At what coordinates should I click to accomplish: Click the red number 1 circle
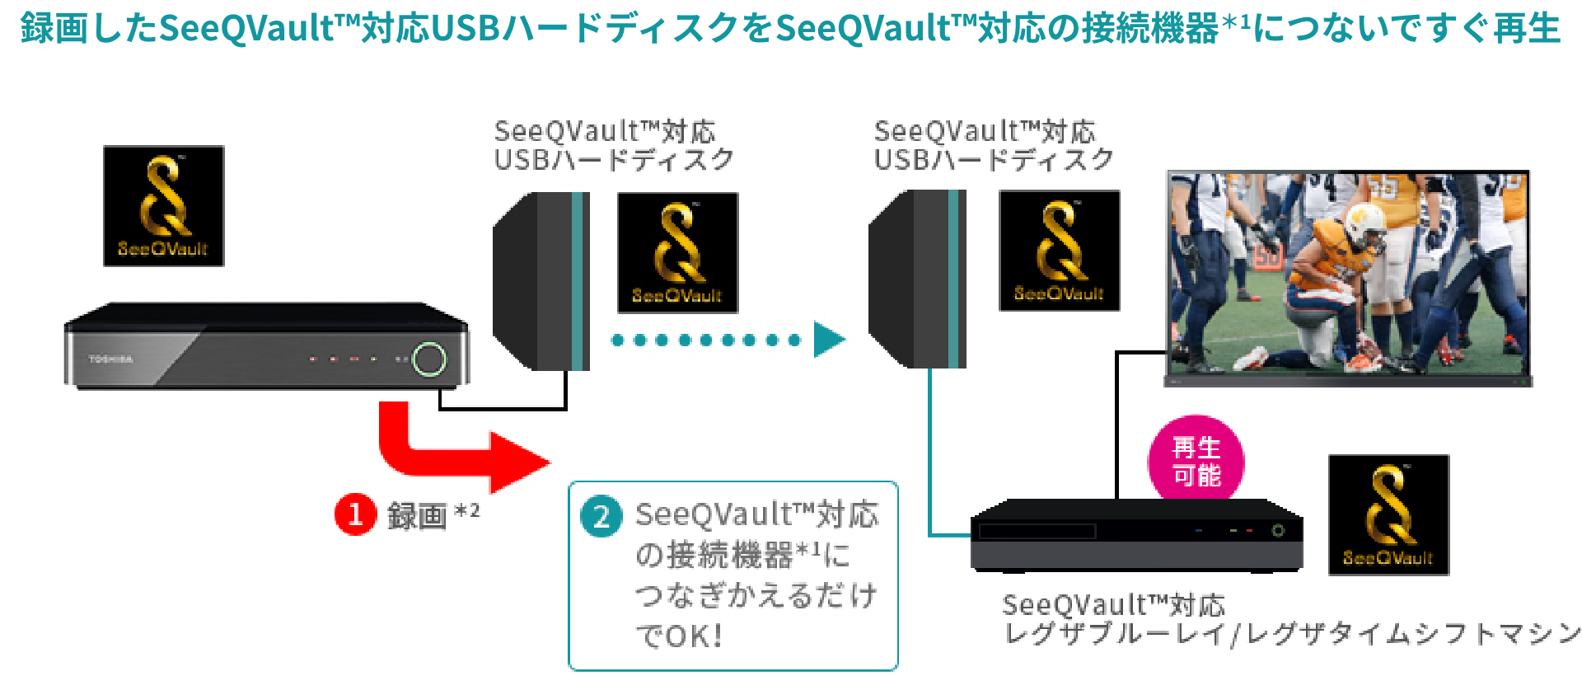coord(355,514)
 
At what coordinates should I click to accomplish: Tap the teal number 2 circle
coord(601,517)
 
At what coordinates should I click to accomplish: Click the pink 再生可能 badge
coord(1196,462)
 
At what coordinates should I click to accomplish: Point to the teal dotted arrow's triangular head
coord(828,339)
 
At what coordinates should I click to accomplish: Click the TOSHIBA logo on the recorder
coord(110,359)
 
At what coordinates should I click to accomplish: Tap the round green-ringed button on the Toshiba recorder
coord(428,359)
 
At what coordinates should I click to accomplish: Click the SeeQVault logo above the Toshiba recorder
coord(163,206)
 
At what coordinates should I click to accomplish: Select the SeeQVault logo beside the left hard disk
coord(677,253)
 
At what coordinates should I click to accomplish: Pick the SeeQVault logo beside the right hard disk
coord(1059,251)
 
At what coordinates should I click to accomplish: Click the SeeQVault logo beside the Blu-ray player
coord(1388,514)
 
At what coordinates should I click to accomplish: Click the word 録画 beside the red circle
coord(417,516)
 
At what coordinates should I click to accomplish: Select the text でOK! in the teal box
coord(679,636)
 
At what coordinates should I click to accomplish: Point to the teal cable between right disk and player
coord(931,462)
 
